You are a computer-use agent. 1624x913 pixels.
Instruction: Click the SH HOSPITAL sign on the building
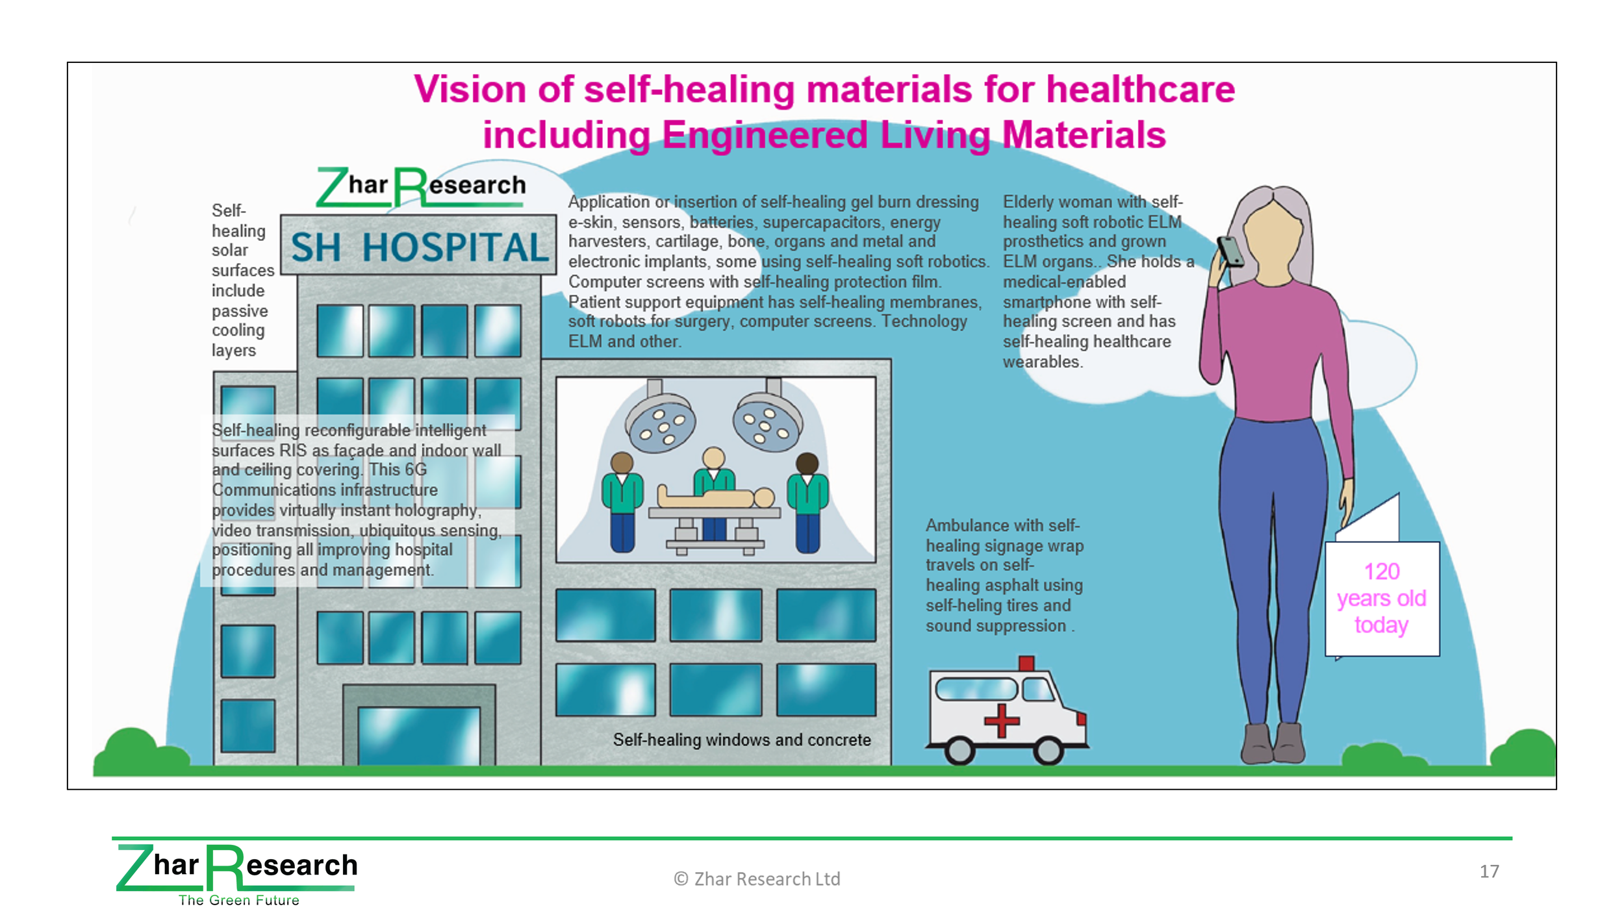(419, 247)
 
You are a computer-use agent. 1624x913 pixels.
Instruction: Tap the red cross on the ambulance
(1002, 720)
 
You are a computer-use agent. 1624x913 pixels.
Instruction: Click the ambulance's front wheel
(1047, 751)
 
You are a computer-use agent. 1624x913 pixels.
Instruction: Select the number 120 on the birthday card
(1381, 571)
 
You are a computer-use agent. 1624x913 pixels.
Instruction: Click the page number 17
(1489, 871)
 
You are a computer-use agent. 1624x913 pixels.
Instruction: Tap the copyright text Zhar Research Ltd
(757, 879)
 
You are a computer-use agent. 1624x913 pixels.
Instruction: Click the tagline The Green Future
(239, 900)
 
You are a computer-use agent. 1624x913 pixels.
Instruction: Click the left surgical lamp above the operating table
(660, 419)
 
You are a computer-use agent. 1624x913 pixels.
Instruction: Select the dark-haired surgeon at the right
(807, 503)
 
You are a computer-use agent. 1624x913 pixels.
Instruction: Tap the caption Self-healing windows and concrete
(742, 740)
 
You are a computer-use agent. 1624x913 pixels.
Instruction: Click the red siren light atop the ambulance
(1026, 663)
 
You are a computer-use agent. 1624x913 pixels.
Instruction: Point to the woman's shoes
(1273, 742)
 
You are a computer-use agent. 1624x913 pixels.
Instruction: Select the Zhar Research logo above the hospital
(421, 187)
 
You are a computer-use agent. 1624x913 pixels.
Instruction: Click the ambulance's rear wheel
(959, 751)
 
